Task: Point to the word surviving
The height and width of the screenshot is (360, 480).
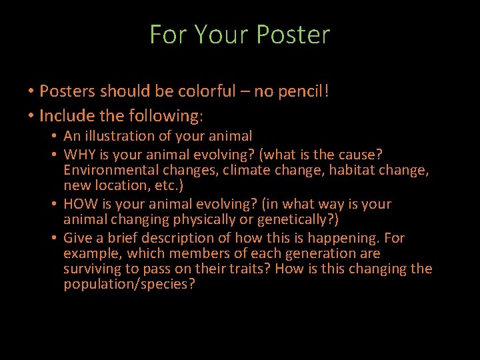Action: pyautogui.click(x=92, y=269)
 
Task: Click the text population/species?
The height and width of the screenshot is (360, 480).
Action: pyautogui.click(x=129, y=285)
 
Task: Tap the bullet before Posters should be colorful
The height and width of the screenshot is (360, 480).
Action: pyautogui.click(x=31, y=91)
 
